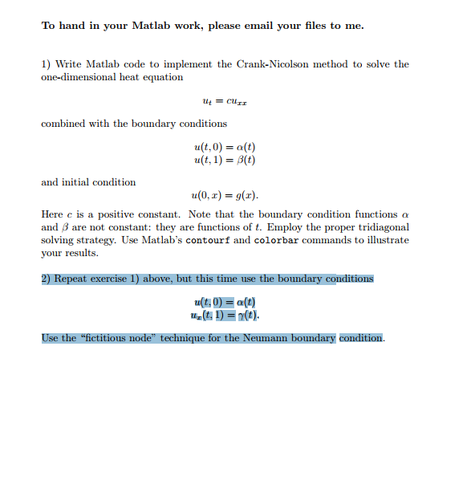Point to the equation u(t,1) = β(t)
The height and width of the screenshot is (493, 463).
click(x=225, y=160)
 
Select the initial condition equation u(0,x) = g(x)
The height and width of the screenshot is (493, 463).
click(x=225, y=196)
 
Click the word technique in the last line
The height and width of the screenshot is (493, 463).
click(x=180, y=338)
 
